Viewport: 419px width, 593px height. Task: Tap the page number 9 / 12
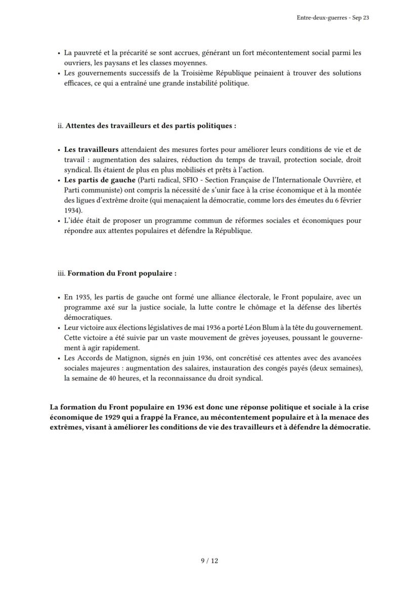point(209,560)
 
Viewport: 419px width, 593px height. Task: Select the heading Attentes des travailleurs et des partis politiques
point(150,126)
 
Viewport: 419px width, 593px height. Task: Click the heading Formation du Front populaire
point(122,272)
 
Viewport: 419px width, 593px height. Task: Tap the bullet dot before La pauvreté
point(59,53)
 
